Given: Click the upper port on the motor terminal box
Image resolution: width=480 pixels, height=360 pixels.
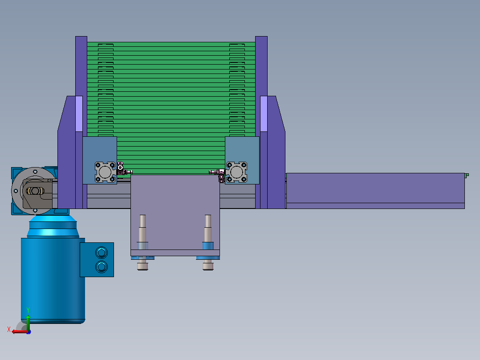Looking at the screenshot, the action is pyautogui.click(x=102, y=253).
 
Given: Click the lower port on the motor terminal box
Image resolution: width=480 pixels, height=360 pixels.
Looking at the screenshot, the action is pyautogui.click(x=102, y=266).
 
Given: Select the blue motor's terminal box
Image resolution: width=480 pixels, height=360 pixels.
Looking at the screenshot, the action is pyautogui.click(x=97, y=260).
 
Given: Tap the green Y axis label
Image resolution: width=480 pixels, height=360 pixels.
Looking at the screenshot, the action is pyautogui.click(x=28, y=310).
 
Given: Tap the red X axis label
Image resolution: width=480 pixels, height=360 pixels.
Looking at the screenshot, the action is pyautogui.click(x=9, y=329).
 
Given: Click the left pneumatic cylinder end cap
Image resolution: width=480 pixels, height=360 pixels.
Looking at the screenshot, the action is pyautogui.click(x=105, y=172).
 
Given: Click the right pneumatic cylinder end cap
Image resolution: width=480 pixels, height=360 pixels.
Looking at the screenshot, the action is pyautogui.click(x=236, y=172).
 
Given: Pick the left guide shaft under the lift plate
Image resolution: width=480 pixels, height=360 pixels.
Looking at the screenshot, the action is pyautogui.click(x=142, y=242).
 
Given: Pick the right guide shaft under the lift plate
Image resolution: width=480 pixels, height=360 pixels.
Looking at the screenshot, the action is pyautogui.click(x=208, y=242).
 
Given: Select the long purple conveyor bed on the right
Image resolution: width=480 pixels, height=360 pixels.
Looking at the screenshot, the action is pyautogui.click(x=375, y=191).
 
